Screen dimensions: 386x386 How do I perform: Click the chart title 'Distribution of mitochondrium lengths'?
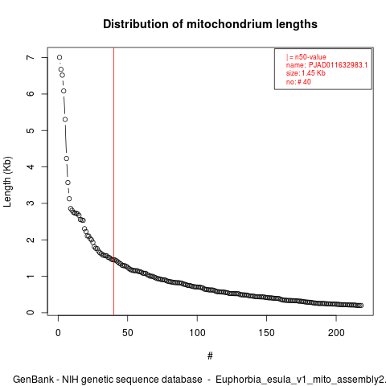[210, 24]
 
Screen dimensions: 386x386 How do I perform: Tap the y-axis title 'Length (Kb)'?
[7, 182]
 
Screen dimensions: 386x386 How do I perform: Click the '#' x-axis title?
[210, 356]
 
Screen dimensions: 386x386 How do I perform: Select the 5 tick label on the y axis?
[31, 130]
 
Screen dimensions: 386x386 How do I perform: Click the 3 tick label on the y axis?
[31, 203]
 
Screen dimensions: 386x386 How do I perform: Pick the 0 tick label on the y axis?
[31, 313]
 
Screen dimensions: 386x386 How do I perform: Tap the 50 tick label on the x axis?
[128, 333]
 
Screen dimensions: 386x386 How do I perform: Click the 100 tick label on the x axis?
[197, 333]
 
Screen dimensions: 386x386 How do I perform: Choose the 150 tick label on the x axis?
[267, 333]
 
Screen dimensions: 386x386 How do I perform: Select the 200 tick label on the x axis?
[336, 333]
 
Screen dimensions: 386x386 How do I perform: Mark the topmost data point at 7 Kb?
[60, 57]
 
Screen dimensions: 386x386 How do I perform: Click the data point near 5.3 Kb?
[65, 119]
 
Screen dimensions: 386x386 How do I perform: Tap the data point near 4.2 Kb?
[67, 158]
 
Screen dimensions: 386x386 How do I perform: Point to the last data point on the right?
[361, 306]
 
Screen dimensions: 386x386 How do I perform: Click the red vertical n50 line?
[114, 181]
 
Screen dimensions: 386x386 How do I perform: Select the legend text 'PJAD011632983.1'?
[338, 65]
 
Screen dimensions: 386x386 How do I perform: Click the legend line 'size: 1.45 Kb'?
[306, 73]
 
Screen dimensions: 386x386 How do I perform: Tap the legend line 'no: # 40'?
[298, 82]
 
